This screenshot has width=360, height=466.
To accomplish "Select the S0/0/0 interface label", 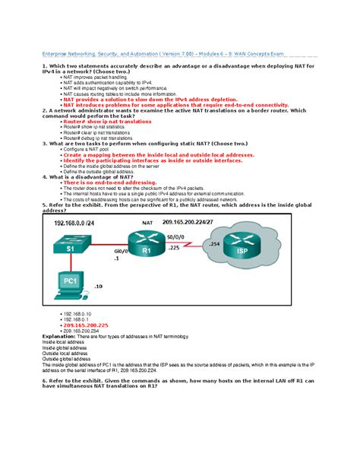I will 202,238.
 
